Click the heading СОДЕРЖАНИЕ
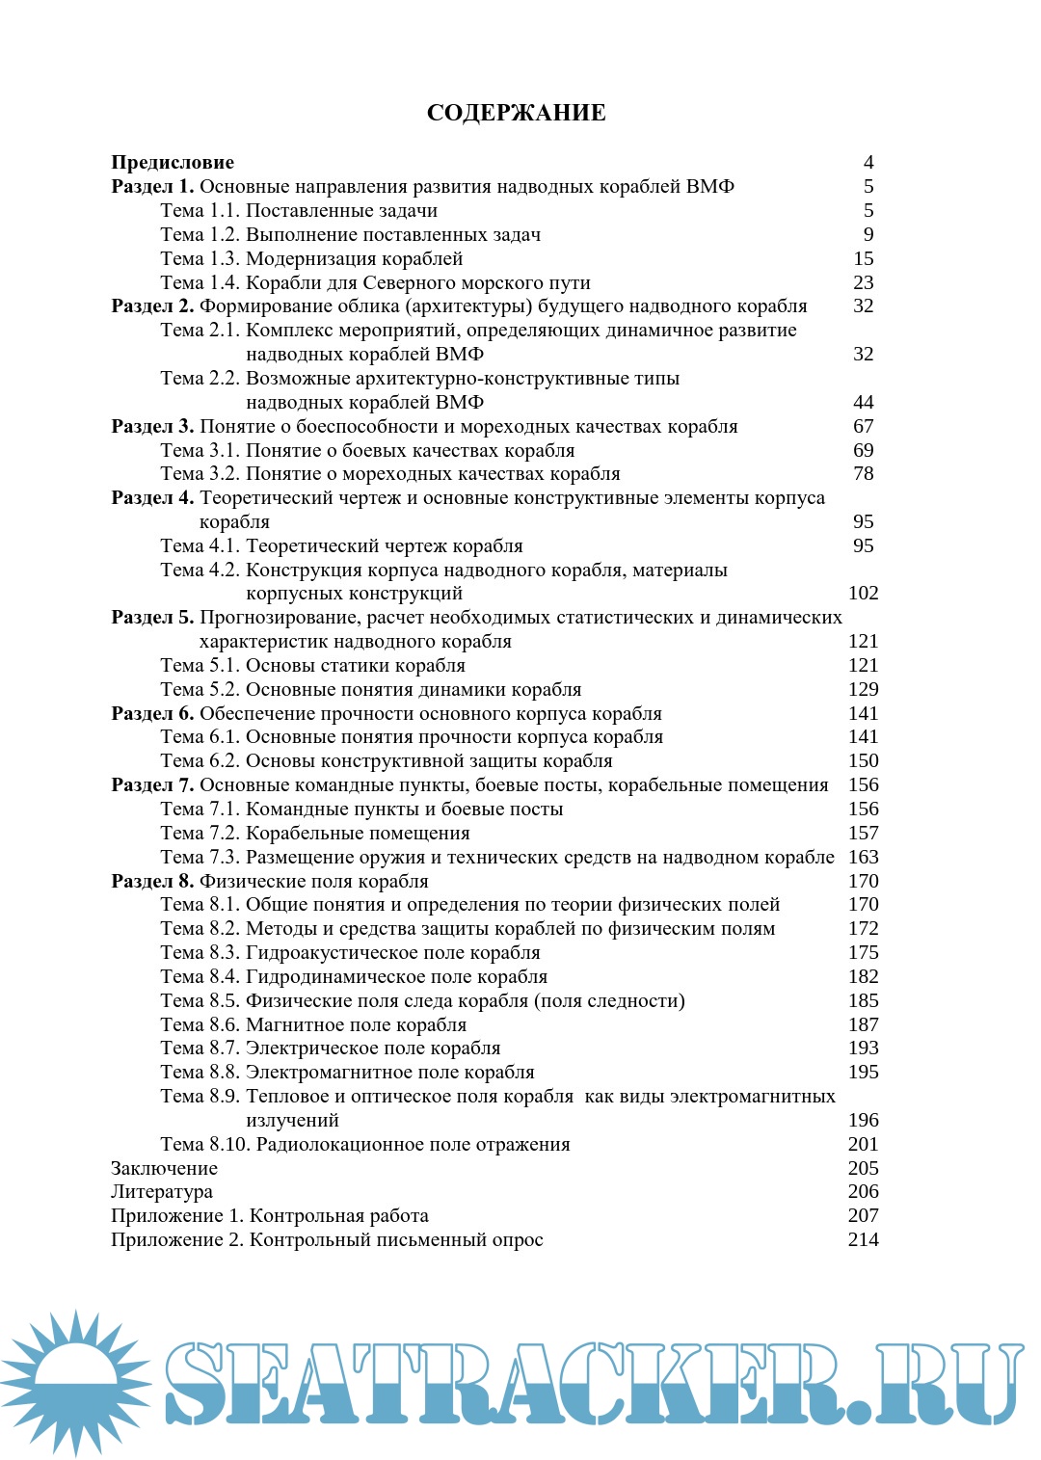[516, 113]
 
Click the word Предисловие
[173, 162]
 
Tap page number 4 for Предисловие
[868, 162]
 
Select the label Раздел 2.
[152, 305]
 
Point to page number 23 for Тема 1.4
[864, 282]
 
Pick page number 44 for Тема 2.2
[864, 402]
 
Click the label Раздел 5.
[152, 617]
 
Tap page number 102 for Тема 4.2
[864, 593]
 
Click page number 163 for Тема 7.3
[864, 857]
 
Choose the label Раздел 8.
[152, 881]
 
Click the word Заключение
[164, 1168]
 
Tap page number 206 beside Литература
[864, 1191]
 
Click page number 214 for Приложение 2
[864, 1239]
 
